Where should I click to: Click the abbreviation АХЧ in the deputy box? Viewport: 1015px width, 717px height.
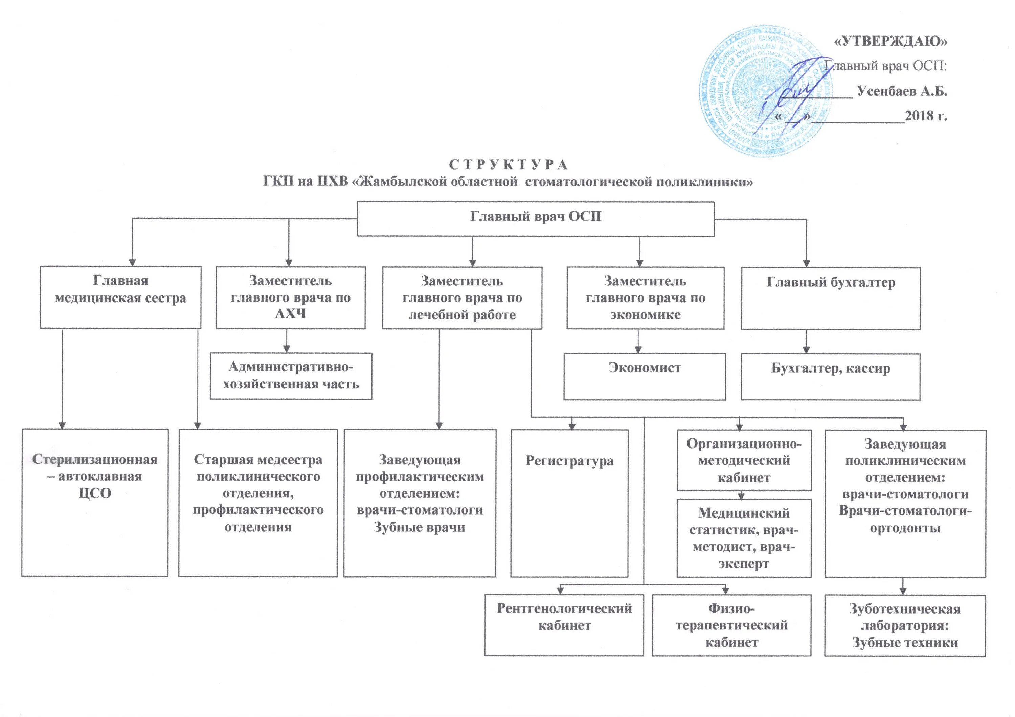click(290, 314)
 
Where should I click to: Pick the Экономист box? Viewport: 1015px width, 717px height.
click(644, 376)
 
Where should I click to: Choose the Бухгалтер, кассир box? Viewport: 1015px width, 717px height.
click(830, 376)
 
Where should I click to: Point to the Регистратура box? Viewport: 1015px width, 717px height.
click(569, 503)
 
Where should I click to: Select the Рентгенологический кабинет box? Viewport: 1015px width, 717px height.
click(564, 625)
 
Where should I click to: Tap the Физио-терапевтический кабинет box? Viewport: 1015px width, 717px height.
click(731, 625)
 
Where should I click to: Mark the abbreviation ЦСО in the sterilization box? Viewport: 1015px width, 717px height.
click(95, 493)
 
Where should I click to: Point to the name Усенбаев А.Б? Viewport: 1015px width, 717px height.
click(902, 91)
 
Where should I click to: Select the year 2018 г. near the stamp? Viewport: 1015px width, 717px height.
click(926, 116)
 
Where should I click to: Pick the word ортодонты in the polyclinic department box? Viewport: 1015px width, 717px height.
click(905, 528)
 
